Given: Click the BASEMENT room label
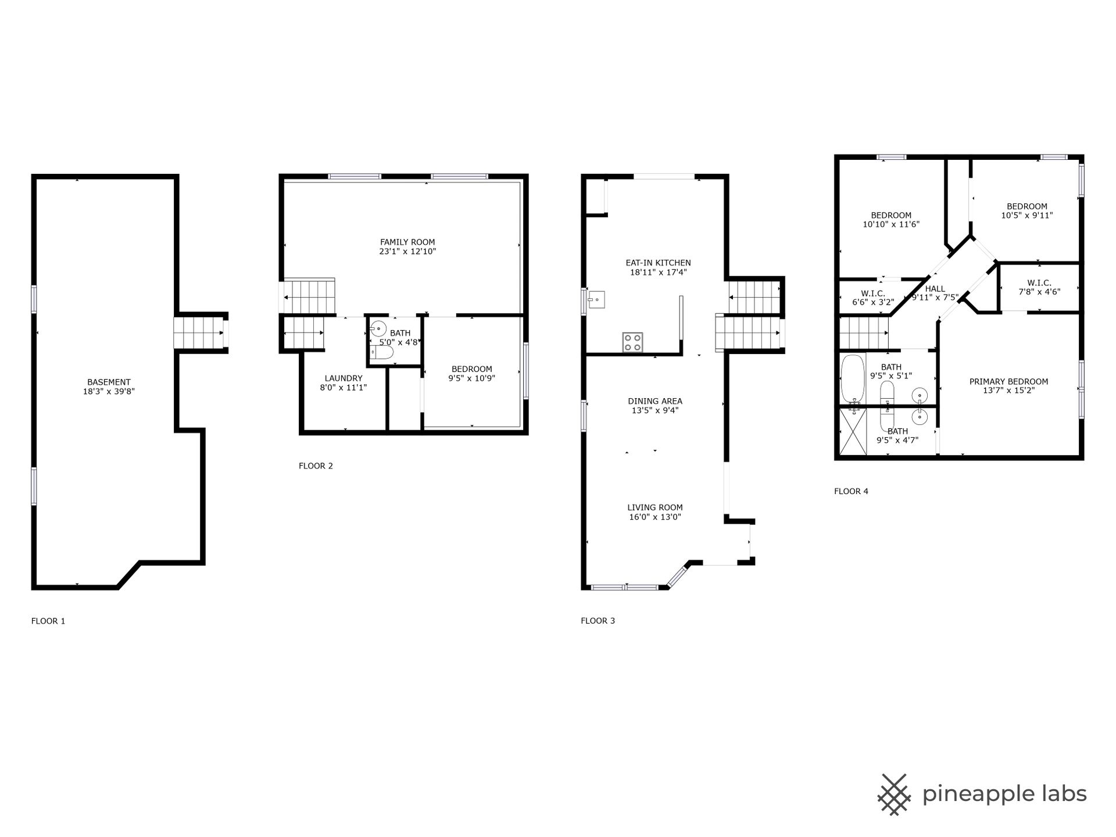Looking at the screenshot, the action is (109, 382).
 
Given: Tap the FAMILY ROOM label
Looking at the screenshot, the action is (407, 242).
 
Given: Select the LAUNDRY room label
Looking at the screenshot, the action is (344, 378).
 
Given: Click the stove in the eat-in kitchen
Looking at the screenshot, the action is (632, 342).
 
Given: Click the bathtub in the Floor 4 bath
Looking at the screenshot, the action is (853, 379).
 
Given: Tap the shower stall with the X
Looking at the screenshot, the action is (853, 431).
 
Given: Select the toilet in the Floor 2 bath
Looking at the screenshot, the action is (383, 352).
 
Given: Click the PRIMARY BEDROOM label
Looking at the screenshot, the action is (1008, 381).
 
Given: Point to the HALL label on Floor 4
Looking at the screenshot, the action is (935, 288).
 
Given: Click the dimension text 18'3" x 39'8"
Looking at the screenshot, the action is (109, 391).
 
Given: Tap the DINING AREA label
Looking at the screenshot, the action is (655, 400).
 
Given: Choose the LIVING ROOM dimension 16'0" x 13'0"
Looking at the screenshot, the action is (655, 517).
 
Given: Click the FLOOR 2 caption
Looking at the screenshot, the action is (316, 466).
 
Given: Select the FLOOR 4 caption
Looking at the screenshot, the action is (851, 491).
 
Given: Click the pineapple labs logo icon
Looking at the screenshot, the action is (895, 793).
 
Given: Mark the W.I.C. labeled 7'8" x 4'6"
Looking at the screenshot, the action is (1039, 287).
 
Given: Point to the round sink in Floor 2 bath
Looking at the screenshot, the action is (378, 328).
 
